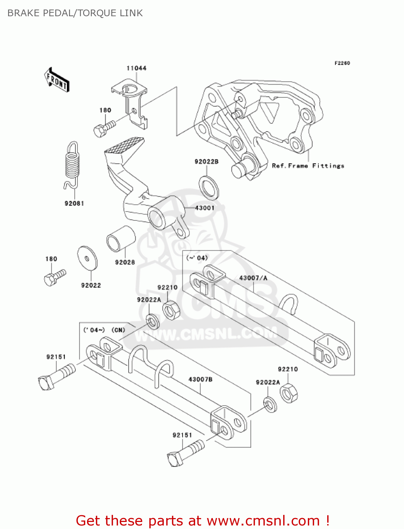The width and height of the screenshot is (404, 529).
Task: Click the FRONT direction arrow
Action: coord(57,80)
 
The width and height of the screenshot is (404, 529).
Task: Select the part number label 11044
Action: coord(136,68)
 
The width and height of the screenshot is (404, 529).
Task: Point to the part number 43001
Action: coord(205,208)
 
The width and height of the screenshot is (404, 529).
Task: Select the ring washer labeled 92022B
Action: coord(209,187)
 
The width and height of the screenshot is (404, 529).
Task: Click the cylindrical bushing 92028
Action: coord(121,239)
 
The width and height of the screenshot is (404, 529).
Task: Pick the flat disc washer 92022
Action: coord(87,257)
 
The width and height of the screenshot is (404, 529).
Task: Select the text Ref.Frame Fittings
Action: coord(308,166)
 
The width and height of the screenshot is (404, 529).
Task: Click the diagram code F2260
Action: coord(342,63)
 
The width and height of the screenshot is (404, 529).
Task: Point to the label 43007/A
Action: coord(253,278)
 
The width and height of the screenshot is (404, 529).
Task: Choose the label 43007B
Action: coord(200,379)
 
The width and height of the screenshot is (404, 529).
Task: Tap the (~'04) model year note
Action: coord(197,258)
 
